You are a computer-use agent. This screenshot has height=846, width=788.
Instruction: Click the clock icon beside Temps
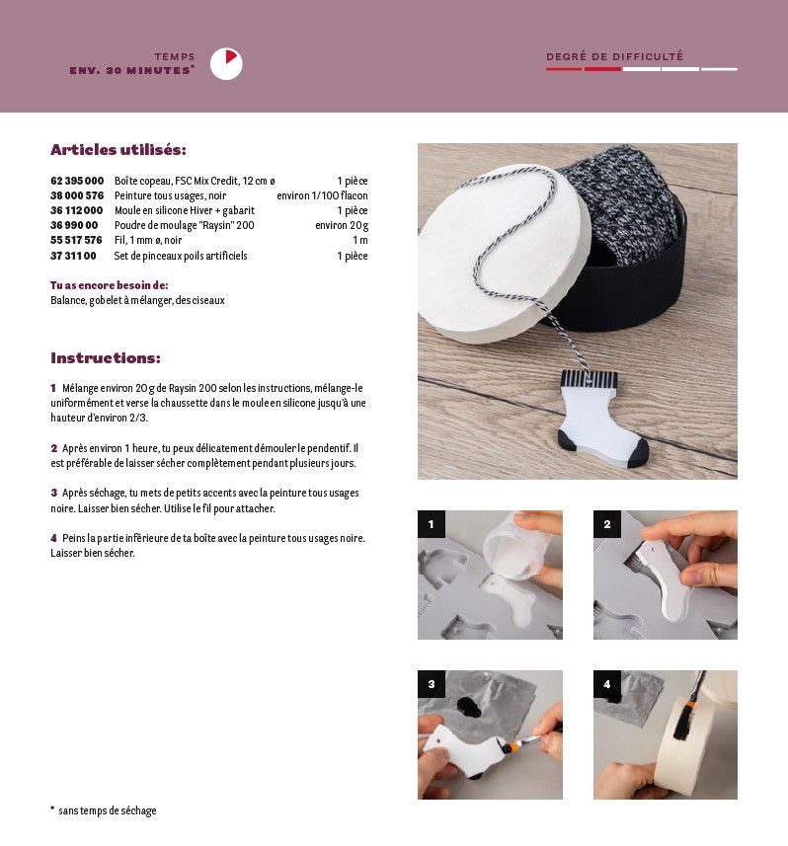[226, 64]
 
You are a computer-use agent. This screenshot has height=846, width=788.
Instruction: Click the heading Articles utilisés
[118, 149]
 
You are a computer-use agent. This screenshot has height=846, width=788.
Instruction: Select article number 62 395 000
[77, 181]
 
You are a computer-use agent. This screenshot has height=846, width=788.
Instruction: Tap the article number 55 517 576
[76, 240]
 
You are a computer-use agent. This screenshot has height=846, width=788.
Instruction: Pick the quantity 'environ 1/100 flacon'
[322, 195]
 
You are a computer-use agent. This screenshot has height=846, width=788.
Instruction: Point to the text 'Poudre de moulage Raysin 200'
[184, 225]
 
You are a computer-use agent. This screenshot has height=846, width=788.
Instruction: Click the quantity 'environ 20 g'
[342, 225]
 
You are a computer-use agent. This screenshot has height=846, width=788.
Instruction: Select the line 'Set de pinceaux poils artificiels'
[181, 256]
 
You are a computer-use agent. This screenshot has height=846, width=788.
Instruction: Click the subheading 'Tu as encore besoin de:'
[109, 285]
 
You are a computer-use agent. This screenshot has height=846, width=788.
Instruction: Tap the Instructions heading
[106, 357]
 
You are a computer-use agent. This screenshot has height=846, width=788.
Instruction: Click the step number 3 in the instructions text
[54, 493]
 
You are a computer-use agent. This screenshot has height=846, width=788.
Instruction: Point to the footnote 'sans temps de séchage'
[107, 810]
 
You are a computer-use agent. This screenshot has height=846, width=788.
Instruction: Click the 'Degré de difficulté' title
[615, 56]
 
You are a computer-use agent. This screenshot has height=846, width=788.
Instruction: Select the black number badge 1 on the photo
[432, 524]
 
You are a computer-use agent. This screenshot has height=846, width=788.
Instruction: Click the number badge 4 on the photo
[607, 684]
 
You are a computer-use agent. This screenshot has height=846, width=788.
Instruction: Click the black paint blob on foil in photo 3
[469, 708]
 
